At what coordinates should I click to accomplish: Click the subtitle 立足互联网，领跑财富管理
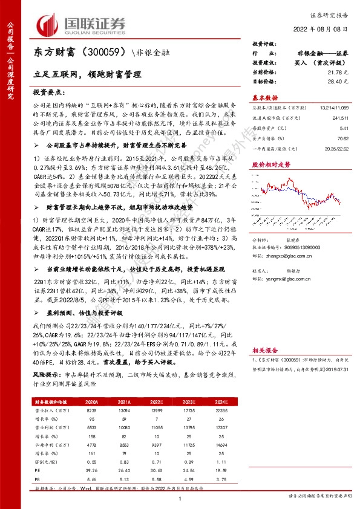[x=87, y=74]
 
